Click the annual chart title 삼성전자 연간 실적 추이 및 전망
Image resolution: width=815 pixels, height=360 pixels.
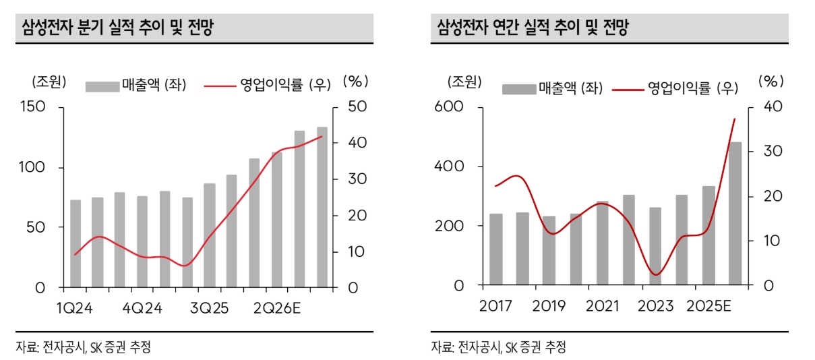click(533, 28)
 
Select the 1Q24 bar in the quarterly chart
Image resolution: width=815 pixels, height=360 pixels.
click(76, 243)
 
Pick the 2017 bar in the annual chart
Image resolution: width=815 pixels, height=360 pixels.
click(496, 249)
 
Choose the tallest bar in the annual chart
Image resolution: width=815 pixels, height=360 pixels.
click(735, 213)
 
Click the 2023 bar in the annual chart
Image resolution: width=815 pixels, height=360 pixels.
click(655, 245)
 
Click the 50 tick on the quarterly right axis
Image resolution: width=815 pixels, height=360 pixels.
click(357, 107)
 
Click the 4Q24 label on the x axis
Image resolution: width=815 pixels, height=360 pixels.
click(144, 308)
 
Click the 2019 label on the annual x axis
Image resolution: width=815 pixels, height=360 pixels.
click(549, 307)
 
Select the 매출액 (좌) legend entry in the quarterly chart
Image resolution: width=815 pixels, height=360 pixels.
click(135, 85)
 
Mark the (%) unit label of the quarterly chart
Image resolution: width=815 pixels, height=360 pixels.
click(355, 81)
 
